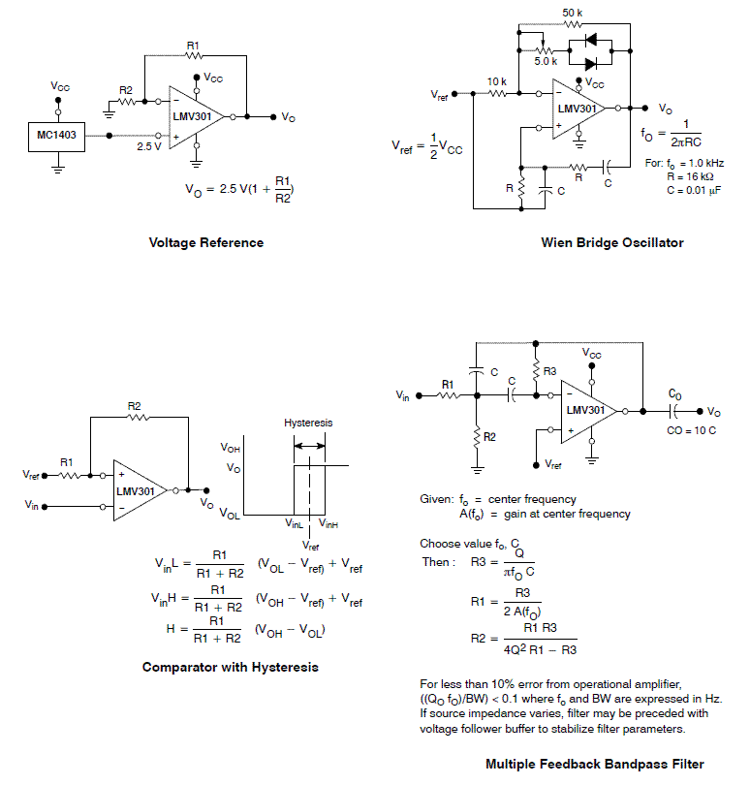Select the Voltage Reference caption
tap(205, 242)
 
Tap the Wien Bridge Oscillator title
tap(611, 242)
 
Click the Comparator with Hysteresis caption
tap(230, 667)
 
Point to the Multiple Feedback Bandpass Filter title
tap(594, 764)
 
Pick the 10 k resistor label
tap(496, 81)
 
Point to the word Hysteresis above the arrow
tap(308, 424)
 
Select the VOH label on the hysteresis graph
tap(230, 449)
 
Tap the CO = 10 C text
tap(691, 429)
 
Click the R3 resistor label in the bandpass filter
tap(549, 371)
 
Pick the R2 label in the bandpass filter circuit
tap(489, 437)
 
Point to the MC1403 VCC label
tap(60, 86)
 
